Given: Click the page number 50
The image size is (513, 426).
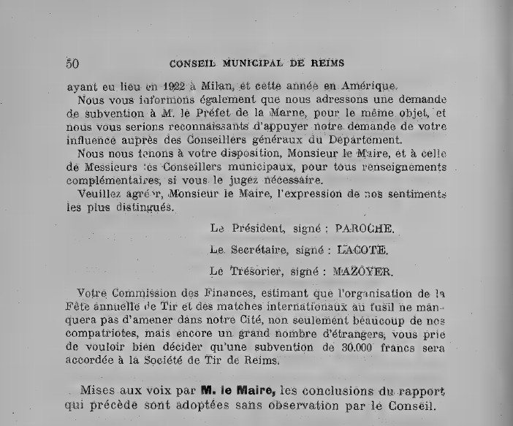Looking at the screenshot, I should (x=72, y=61).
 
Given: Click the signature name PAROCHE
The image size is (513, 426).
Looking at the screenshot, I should (x=364, y=228).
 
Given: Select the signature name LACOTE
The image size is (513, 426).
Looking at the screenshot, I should (x=360, y=250).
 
